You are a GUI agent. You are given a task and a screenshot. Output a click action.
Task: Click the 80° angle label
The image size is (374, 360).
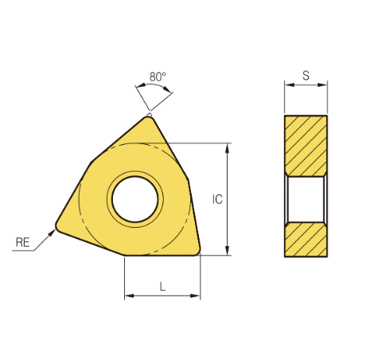158,76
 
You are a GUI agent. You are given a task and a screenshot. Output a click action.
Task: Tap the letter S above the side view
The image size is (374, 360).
306,76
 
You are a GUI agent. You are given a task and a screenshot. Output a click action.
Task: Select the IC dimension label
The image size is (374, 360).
217,199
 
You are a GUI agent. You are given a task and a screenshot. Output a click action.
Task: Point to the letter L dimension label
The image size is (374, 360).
162,286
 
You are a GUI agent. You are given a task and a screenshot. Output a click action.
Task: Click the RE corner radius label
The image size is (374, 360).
22,242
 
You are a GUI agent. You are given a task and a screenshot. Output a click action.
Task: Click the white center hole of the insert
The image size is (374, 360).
135,199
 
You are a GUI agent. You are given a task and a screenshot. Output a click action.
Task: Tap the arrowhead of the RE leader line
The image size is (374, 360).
52,233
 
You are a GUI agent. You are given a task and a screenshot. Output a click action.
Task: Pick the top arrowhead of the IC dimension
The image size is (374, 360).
227,148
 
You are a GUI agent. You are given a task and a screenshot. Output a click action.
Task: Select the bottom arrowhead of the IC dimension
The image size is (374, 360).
227,250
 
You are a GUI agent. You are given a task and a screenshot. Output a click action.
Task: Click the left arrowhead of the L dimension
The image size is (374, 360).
130,295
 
